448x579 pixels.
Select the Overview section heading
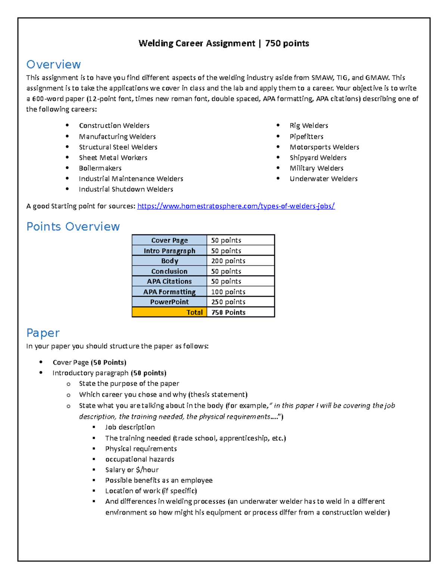click(53, 64)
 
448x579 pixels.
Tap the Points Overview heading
click(73, 227)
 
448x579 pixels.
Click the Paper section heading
click(43, 333)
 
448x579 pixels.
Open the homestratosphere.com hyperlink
click(236, 206)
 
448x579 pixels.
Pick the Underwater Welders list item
click(323, 179)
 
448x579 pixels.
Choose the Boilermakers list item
click(100, 168)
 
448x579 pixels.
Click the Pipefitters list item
click(306, 136)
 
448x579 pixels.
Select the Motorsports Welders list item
click(324, 147)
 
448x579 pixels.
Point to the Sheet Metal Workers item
click(113, 158)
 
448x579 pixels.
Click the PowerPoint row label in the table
click(169, 302)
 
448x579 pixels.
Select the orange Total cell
click(169, 312)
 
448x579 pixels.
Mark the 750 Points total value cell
click(228, 312)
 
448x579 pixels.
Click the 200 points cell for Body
click(228, 261)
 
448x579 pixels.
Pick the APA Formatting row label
click(169, 292)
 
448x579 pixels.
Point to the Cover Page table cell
click(169, 240)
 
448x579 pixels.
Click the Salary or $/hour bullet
click(132, 470)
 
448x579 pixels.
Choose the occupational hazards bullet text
click(140, 459)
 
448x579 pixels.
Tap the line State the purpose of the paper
click(129, 384)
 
